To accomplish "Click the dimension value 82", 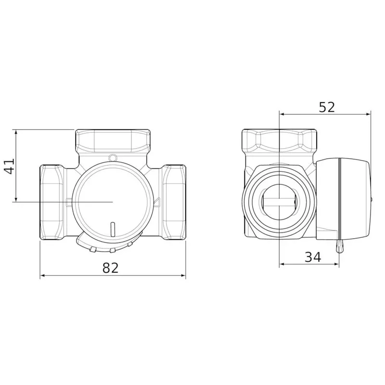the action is [110, 268].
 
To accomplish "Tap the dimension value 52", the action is [327, 107].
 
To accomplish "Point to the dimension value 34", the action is [313, 257].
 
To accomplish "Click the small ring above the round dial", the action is [113, 157].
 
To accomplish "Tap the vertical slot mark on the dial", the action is [113, 230].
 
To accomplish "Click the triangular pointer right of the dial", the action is [157, 202].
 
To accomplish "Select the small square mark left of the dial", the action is [69, 202].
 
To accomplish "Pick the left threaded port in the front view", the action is [52, 202].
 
